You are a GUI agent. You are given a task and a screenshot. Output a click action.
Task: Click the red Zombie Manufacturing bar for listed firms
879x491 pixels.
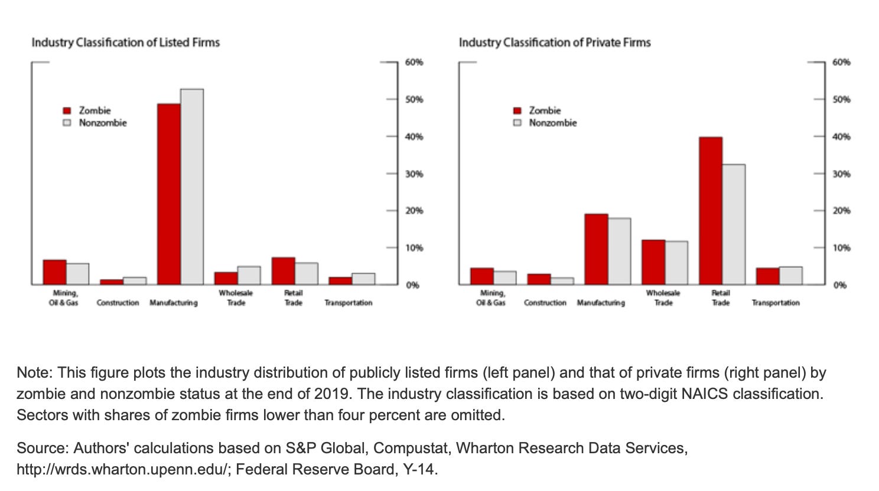tap(169, 194)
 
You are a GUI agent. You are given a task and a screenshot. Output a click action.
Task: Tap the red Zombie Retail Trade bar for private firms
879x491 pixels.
tap(710, 211)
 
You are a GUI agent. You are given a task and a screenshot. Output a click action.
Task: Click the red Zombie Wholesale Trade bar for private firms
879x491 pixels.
tap(653, 262)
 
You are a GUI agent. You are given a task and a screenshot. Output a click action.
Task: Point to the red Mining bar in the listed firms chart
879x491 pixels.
tap(54, 272)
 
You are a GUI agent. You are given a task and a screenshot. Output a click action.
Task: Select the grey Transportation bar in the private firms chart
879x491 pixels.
tap(790, 276)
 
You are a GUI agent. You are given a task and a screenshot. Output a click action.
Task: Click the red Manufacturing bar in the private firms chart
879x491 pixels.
tap(596, 249)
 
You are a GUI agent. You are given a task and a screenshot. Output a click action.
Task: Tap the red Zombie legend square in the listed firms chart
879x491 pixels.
tap(67, 111)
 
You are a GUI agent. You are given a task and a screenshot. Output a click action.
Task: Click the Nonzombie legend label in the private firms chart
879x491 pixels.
tap(552, 123)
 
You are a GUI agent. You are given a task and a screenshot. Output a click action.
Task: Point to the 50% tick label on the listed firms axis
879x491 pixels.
tap(414, 99)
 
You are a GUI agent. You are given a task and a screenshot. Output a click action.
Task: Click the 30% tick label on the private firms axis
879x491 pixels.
tap(841, 174)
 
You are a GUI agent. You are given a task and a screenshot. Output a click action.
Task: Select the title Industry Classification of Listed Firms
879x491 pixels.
tap(125, 42)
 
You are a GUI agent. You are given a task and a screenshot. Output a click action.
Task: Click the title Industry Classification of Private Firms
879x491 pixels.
tap(554, 42)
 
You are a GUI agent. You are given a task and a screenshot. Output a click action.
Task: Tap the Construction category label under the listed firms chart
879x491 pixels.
tap(118, 303)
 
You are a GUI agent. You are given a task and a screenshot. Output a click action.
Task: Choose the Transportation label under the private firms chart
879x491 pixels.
tap(775, 303)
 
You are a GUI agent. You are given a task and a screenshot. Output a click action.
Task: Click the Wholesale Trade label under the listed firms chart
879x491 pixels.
tap(236, 297)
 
